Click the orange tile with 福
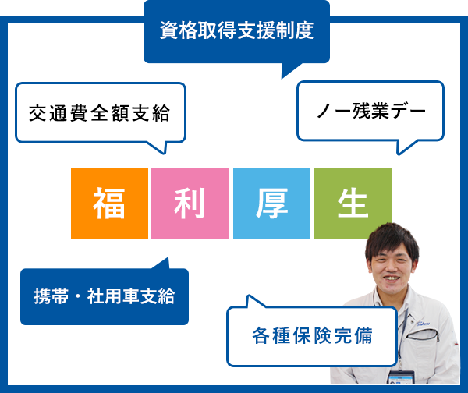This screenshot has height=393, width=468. tap(109, 203)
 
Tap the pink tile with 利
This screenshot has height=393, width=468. tap(190, 203)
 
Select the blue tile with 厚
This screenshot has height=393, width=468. tap(271, 203)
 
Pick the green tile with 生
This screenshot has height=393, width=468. tap(353, 203)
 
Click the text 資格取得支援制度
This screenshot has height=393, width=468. tap(236, 31)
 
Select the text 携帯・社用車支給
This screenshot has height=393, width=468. tap(104, 296)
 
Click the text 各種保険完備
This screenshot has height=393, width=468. tap(312, 336)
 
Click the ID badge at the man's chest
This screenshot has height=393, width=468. tap(400, 378)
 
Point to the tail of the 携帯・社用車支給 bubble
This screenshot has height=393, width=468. tap(161, 264)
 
